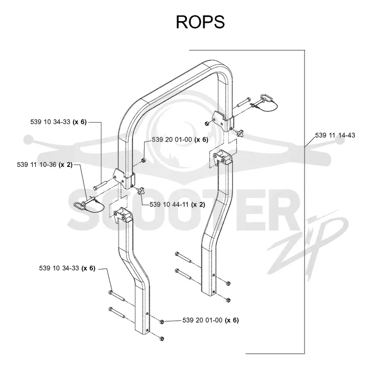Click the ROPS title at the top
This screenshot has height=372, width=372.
pos(200,22)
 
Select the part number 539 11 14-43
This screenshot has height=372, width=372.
pos(335,135)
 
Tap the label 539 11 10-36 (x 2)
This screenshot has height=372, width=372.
pos(45,165)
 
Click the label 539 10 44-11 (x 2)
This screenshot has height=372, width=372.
pos(177,205)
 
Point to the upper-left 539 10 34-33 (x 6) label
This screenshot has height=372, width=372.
pos(59,122)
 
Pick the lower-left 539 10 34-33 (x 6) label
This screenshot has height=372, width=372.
pos(67,268)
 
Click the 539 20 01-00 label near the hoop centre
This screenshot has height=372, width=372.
pos(180,139)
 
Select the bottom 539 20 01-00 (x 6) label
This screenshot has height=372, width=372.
pos(211,320)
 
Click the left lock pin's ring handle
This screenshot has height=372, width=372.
pos(78,205)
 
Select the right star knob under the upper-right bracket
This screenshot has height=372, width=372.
pos(239,132)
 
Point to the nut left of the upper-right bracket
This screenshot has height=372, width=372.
pos(207,123)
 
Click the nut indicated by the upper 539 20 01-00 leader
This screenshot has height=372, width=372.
pos(143,160)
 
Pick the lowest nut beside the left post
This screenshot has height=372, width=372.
pos(162,338)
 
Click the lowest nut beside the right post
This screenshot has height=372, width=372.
pos(228,300)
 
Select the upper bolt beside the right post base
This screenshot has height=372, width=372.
pos(183,257)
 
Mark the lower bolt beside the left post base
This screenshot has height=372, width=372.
pos(117,313)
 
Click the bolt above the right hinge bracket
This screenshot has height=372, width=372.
pos(243,102)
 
